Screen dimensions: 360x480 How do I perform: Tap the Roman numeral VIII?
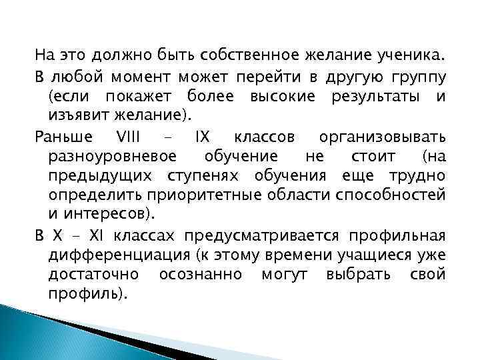125,137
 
